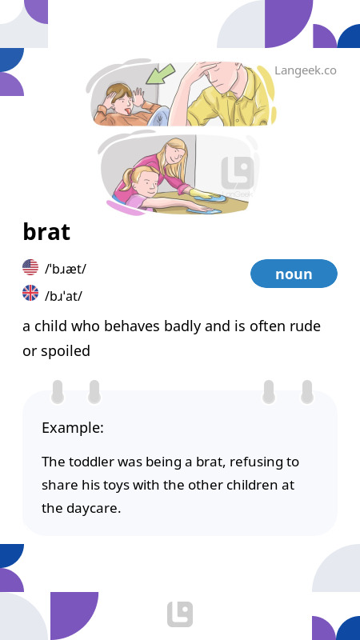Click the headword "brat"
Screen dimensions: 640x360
[x=46, y=232]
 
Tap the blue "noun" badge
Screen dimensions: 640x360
[x=294, y=274]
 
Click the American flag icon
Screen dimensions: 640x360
[x=30, y=268]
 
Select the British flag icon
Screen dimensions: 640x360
[x=30, y=294]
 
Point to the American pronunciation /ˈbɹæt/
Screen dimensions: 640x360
[x=66, y=269]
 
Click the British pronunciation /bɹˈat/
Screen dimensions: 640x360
[x=64, y=295]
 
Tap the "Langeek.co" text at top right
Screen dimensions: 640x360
[x=305, y=70]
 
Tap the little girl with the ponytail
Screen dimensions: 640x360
[x=140, y=186]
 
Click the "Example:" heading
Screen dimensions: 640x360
[x=73, y=428]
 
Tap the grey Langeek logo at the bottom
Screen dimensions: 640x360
[x=180, y=614]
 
